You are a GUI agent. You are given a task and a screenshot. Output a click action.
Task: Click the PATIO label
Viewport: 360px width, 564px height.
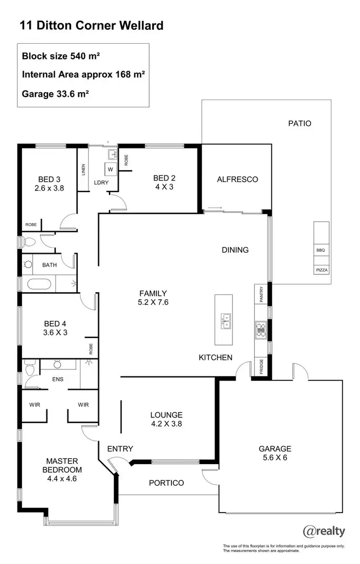(x=300, y=123)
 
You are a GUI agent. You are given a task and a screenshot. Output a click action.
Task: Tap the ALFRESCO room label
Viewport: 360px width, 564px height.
(x=237, y=179)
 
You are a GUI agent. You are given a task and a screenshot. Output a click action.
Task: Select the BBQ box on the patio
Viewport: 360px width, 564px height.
(x=321, y=250)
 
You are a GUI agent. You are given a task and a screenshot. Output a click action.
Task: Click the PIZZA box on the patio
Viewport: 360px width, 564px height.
(x=322, y=270)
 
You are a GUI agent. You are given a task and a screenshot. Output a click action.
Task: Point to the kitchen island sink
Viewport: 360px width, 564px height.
(x=224, y=320)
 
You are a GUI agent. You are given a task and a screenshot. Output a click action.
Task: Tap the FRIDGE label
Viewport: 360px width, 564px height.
(x=261, y=367)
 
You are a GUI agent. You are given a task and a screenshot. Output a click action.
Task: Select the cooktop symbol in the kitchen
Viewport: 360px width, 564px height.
(x=261, y=330)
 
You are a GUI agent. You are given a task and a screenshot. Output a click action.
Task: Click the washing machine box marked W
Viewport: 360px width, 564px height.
(x=110, y=169)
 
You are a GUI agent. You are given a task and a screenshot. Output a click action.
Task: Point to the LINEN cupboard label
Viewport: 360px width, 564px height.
(x=83, y=170)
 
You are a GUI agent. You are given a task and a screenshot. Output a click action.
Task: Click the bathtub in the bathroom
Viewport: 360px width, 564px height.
(x=37, y=283)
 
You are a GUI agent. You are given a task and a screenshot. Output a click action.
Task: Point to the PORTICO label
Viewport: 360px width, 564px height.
(x=166, y=483)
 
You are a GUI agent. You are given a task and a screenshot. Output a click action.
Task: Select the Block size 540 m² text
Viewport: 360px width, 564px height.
(x=61, y=56)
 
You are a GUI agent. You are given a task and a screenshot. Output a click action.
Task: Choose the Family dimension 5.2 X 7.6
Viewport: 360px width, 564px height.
(x=153, y=302)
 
